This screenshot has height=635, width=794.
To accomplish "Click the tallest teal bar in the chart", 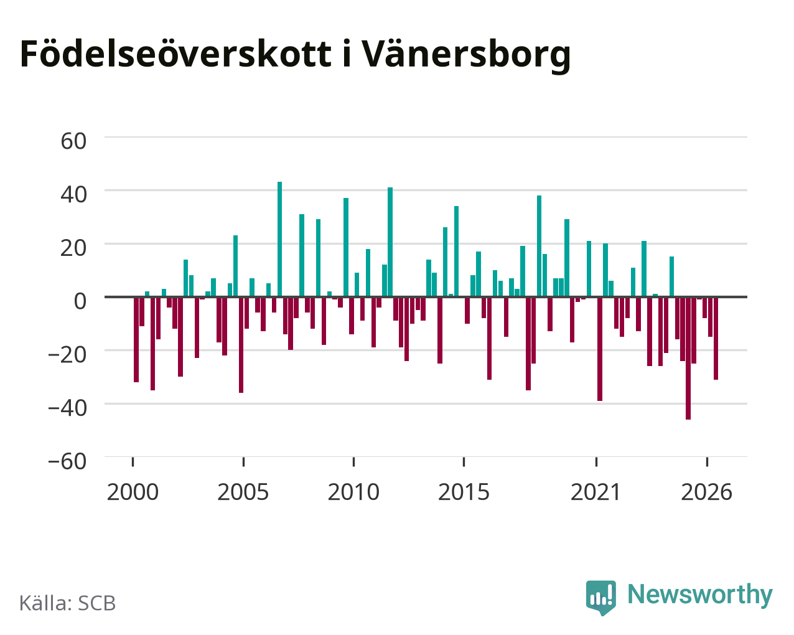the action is [x=279, y=239].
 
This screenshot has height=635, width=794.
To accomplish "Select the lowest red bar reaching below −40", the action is [x=688, y=358].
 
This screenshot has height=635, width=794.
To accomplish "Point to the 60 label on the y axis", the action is [x=73, y=141].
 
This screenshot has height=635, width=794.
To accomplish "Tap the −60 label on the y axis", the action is [x=67, y=461].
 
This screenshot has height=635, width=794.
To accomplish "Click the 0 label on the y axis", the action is [x=80, y=301].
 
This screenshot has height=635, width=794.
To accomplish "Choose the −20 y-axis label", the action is [x=67, y=354].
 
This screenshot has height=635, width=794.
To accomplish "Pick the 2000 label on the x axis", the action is [x=133, y=492].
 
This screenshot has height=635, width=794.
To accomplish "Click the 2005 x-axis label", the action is [x=243, y=492].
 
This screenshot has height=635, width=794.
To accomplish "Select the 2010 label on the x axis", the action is [x=353, y=492].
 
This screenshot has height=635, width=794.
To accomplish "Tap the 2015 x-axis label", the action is [x=464, y=492].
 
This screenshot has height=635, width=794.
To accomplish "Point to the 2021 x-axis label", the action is [x=596, y=492].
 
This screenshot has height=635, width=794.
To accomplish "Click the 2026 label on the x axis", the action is [x=706, y=492].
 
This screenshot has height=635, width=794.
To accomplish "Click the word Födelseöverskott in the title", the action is [x=175, y=54].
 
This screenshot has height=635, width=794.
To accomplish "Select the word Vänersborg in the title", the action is [x=466, y=56].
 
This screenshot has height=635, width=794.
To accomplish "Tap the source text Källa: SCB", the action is [x=68, y=603].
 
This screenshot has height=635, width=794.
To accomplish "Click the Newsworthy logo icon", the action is [x=600, y=597].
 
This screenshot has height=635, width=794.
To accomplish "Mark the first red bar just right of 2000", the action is [x=136, y=339].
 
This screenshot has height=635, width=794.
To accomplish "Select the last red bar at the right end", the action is [x=716, y=338].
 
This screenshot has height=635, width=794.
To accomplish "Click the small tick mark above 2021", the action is [x=596, y=462].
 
